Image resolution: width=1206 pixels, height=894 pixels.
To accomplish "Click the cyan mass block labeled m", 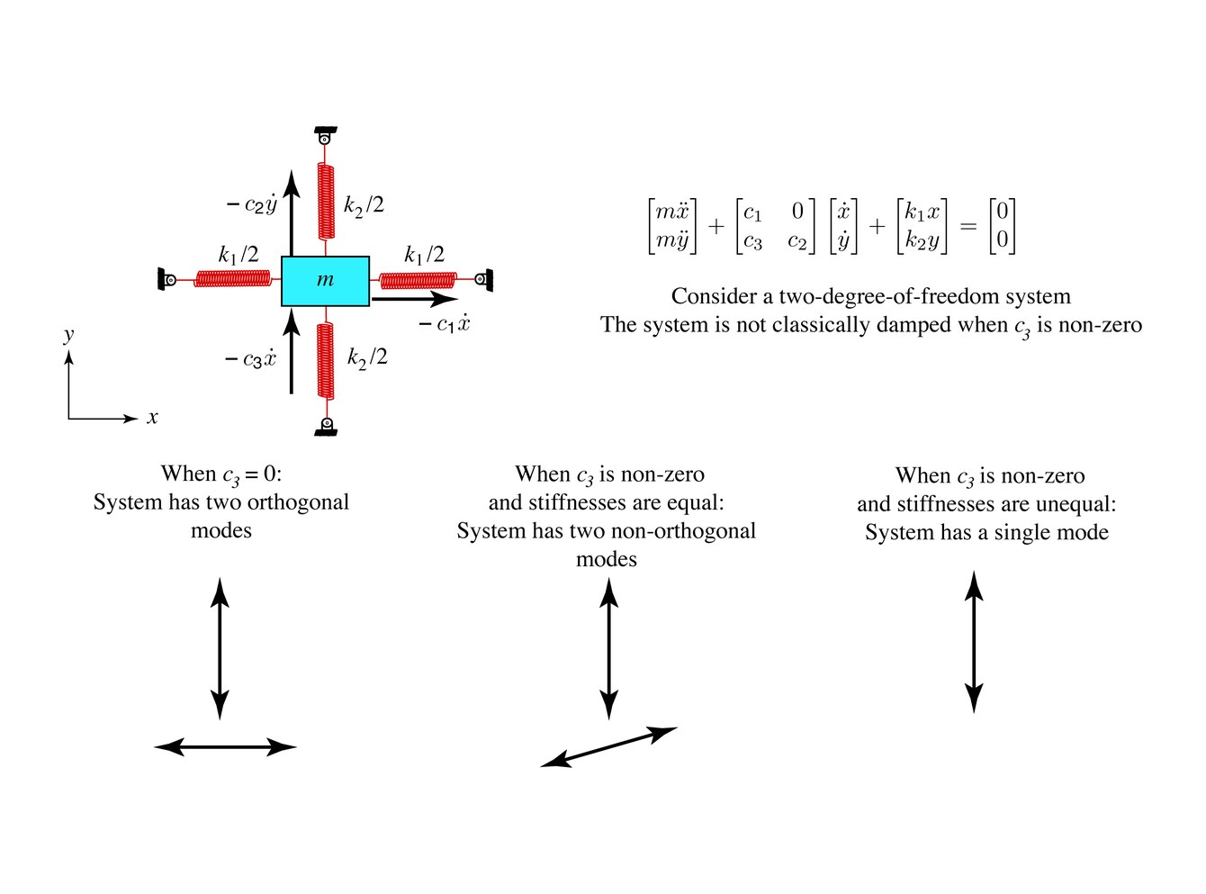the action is coord(325,281).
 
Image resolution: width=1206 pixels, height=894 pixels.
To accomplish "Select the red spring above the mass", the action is coord(325,201).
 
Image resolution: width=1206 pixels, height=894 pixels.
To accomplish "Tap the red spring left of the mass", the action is coord(232,278).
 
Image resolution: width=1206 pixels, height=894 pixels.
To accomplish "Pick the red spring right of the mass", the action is coord(418,280).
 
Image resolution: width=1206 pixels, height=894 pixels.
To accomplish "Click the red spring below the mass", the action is coord(325,361).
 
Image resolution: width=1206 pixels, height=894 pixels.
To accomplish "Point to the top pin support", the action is coord(325,135).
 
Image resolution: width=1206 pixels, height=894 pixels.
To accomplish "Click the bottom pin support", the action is coord(326,426).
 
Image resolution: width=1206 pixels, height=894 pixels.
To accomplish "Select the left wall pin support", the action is coord(166,280).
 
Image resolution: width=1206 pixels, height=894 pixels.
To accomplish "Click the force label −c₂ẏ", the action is coord(252,203).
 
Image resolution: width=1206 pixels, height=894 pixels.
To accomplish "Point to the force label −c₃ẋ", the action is coord(250,358).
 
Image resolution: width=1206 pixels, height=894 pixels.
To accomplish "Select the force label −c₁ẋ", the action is coord(445,324).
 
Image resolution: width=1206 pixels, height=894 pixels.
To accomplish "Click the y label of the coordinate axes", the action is coord(68,334).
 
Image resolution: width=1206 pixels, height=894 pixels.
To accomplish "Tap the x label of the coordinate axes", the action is coord(152,418).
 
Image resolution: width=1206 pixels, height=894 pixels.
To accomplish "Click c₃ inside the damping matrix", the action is coord(752,240).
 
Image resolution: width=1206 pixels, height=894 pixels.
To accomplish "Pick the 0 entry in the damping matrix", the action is coord(797,211).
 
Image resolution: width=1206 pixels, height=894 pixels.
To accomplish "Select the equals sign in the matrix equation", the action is coord(968,226).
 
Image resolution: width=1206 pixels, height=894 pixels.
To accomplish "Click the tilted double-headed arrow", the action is coord(608,746).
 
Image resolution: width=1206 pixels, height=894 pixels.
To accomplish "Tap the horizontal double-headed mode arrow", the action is coord(225,747).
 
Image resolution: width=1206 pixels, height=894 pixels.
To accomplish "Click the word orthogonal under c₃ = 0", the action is coord(298,502).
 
